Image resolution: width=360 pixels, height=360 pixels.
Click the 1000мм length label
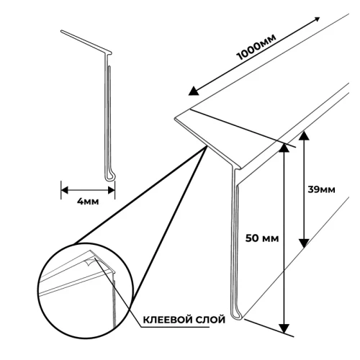tap(256, 47)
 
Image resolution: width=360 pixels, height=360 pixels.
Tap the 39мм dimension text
tap(321, 189)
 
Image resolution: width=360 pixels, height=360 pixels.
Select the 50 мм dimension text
tap(262, 238)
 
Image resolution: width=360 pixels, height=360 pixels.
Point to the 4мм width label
tap(88, 202)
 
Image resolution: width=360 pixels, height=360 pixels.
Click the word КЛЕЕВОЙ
tap(168, 320)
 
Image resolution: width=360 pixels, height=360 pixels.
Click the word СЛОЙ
tap(211, 320)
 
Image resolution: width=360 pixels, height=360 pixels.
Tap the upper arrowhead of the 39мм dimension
tap(304, 135)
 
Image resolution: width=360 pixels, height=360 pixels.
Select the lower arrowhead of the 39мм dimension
tap(304, 243)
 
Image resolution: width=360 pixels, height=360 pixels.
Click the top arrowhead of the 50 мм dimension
tap(284, 148)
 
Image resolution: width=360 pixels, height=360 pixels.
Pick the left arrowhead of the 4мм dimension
tap(64, 191)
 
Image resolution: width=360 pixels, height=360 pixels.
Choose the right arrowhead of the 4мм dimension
tap(112, 191)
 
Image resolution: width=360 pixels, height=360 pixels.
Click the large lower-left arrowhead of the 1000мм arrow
tap(194, 91)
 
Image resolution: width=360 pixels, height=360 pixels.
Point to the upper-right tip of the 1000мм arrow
tap(320, 17)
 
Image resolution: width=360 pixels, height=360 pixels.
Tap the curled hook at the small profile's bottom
tap(110, 177)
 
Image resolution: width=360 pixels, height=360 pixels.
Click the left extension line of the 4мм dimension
tap(61, 190)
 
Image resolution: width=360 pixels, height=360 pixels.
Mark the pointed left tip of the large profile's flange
tap(175, 119)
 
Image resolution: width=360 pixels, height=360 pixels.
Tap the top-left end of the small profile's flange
tap(61, 31)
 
